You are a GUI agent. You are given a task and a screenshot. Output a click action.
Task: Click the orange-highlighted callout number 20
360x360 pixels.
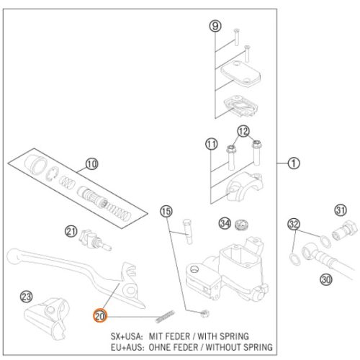[x=99, y=316]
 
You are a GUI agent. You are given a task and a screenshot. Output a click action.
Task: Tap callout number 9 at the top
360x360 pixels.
[x=215, y=26]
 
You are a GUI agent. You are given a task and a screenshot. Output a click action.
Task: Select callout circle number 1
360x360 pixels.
[x=294, y=163]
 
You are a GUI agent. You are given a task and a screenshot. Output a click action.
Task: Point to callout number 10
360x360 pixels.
[x=92, y=164]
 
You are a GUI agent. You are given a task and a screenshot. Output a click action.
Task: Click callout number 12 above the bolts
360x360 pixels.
[x=243, y=131]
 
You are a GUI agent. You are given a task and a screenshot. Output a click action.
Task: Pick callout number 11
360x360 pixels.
[x=212, y=144]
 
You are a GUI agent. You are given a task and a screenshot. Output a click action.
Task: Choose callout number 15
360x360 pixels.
[x=166, y=212]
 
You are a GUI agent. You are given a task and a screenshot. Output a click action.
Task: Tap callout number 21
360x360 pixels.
[x=71, y=232]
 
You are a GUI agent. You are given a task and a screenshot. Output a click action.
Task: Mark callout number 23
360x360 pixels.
[x=26, y=297]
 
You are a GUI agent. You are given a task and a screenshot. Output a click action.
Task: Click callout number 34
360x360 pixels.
[x=225, y=223]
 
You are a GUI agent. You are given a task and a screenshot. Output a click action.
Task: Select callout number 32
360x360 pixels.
[x=294, y=224]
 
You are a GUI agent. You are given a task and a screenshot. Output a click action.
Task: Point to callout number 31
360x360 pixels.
[x=341, y=210]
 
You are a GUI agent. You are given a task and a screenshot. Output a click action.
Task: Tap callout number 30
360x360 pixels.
[x=326, y=279]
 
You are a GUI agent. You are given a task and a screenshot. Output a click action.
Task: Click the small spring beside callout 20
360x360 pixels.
[x=165, y=317]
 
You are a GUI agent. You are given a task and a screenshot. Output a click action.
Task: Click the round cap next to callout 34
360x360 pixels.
[x=242, y=225]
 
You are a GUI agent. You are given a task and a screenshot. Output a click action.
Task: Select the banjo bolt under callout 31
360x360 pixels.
[x=345, y=230]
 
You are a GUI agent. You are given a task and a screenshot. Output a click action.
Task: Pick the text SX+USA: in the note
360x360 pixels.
[x=127, y=336]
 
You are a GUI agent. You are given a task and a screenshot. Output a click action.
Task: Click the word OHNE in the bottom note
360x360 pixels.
[x=158, y=347]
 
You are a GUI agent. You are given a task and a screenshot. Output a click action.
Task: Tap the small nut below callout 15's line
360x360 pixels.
[x=205, y=313]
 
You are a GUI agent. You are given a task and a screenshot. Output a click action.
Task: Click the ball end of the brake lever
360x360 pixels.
[x=14, y=256]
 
